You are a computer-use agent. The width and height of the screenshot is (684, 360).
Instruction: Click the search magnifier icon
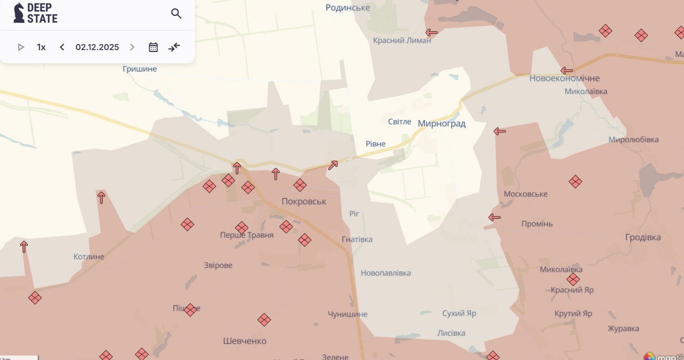[176, 14]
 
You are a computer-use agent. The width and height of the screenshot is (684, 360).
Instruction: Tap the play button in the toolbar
[21, 47]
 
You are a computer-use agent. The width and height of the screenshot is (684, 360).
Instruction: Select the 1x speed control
[41, 47]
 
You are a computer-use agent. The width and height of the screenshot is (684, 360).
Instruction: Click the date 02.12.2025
[97, 47]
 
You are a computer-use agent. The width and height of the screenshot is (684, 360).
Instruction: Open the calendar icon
[153, 47]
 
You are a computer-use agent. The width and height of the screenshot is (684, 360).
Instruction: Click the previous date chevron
[62, 47]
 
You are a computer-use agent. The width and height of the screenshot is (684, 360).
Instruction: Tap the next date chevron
[132, 47]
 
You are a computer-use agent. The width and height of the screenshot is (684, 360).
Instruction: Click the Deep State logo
[35, 13]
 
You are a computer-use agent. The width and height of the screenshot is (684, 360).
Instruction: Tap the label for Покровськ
[304, 201]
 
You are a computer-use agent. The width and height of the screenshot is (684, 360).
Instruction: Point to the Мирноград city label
[441, 123]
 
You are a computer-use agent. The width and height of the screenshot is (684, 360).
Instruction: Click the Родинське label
[348, 8]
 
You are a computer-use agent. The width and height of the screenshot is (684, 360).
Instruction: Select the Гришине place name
[140, 69]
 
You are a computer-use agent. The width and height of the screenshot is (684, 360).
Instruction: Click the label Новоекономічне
[564, 78]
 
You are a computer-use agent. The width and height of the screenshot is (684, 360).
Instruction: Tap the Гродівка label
[643, 237]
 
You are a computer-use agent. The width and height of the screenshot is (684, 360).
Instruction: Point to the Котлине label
[89, 257]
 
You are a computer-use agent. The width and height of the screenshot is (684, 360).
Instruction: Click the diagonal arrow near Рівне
[333, 165]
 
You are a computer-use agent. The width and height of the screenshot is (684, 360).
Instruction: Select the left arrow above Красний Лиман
[431, 32]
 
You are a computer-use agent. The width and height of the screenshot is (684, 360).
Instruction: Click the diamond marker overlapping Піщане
[190, 309]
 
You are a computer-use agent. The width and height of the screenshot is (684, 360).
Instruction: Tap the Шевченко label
[245, 341]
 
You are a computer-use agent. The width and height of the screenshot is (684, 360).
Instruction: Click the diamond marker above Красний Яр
[573, 279]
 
